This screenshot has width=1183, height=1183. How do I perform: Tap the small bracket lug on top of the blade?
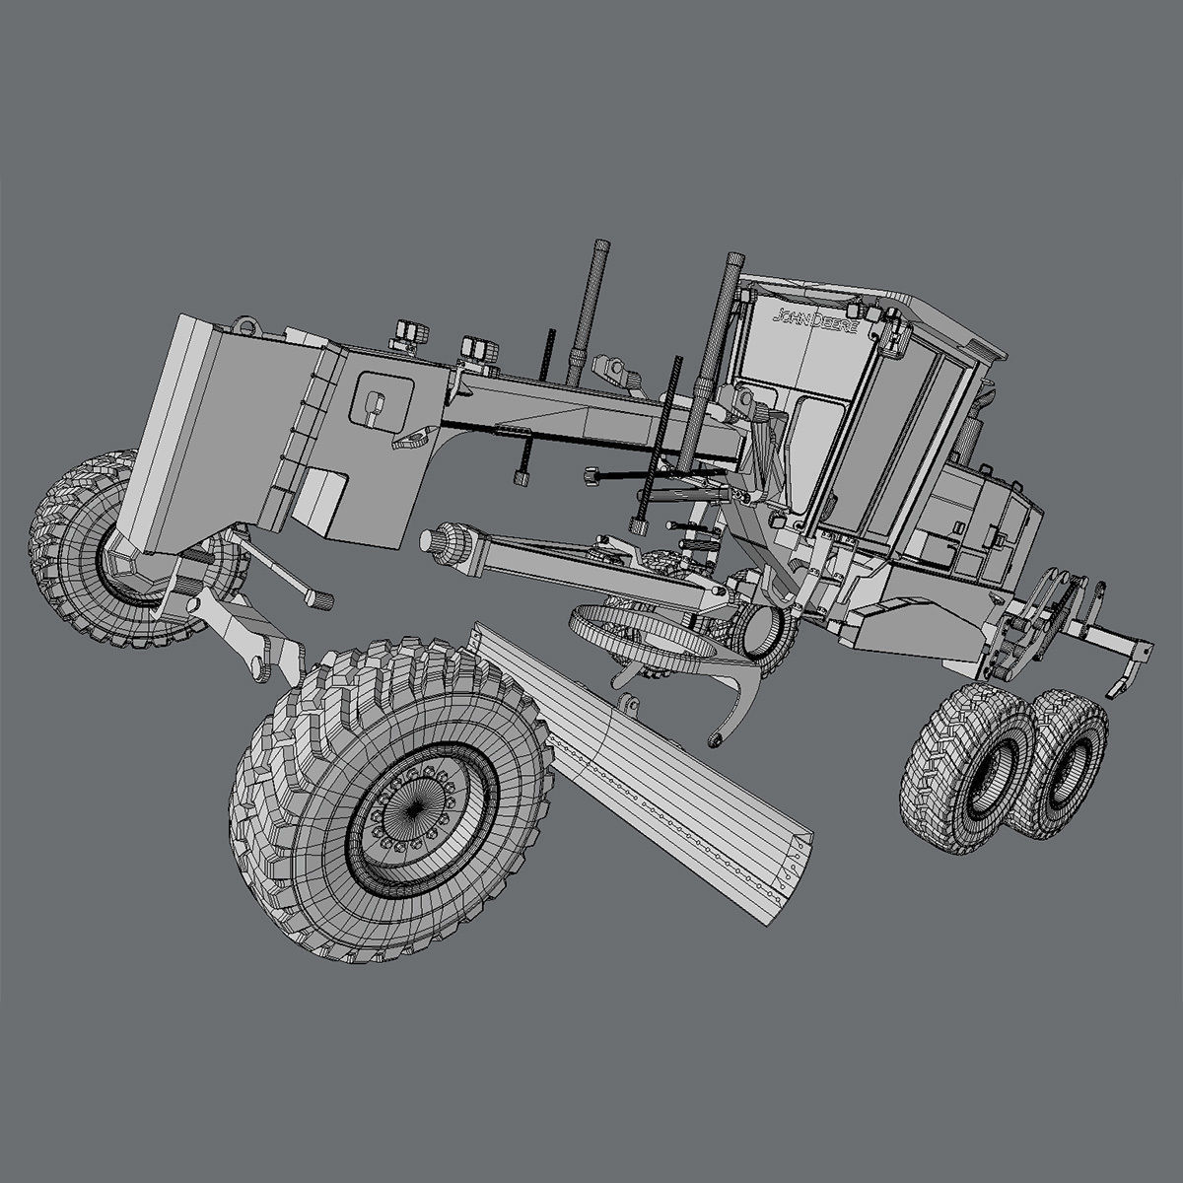(627, 704)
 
